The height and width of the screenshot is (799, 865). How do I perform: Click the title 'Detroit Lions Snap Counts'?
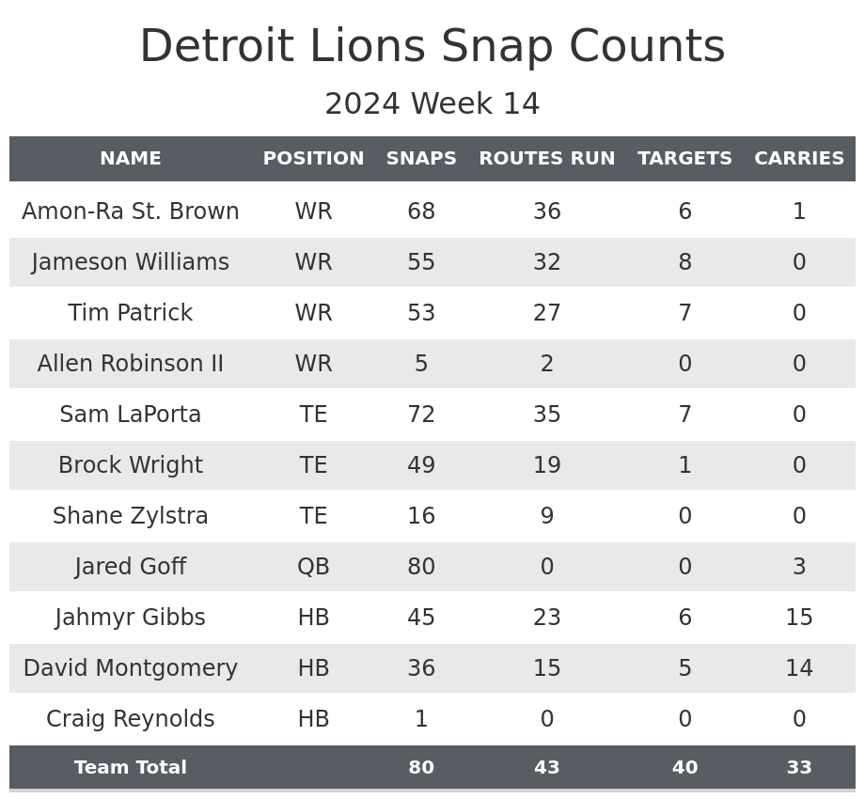tap(432, 47)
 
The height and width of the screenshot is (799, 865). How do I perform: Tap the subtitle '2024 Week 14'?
tap(432, 104)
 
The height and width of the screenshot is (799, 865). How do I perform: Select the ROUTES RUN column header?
tap(546, 159)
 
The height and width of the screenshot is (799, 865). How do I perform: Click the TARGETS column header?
tap(684, 159)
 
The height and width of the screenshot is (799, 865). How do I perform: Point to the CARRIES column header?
tap(799, 159)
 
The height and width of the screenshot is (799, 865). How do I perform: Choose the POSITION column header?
tap(313, 159)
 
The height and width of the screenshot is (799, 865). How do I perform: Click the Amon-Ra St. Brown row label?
tap(131, 211)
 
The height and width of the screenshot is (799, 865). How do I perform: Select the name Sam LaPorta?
tap(131, 415)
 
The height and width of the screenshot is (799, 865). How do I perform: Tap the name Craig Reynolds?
tap(131, 719)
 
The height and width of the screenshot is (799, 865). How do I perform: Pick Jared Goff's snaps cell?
tap(421, 567)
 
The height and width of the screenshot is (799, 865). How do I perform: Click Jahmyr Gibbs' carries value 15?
tap(799, 618)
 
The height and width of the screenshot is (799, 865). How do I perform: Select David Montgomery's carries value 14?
tap(799, 668)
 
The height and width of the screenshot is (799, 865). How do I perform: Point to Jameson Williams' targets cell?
tap(684, 262)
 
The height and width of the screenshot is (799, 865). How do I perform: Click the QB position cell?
tap(313, 567)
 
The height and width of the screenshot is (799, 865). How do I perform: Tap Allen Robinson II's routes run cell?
tap(546, 364)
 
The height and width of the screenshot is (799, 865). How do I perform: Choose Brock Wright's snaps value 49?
tap(421, 465)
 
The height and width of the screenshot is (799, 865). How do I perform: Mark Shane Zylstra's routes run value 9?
tap(546, 516)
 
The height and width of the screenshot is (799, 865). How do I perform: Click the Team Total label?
tap(131, 768)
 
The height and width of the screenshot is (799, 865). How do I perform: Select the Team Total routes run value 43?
tap(546, 768)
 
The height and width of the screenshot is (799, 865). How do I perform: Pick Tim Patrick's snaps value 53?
tap(421, 313)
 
